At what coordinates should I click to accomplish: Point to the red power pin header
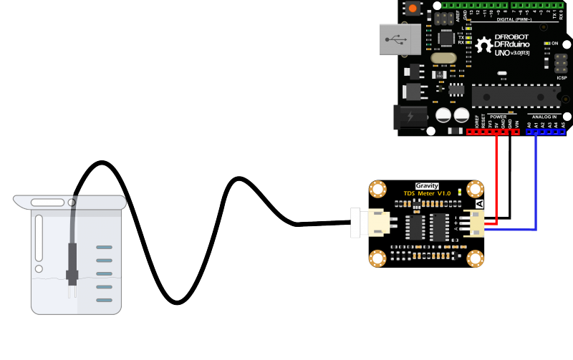tap(493, 132)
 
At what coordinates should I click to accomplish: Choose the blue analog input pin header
tap(546, 132)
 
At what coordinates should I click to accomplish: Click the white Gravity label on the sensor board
tap(427, 186)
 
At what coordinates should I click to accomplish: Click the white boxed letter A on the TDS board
tap(479, 204)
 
